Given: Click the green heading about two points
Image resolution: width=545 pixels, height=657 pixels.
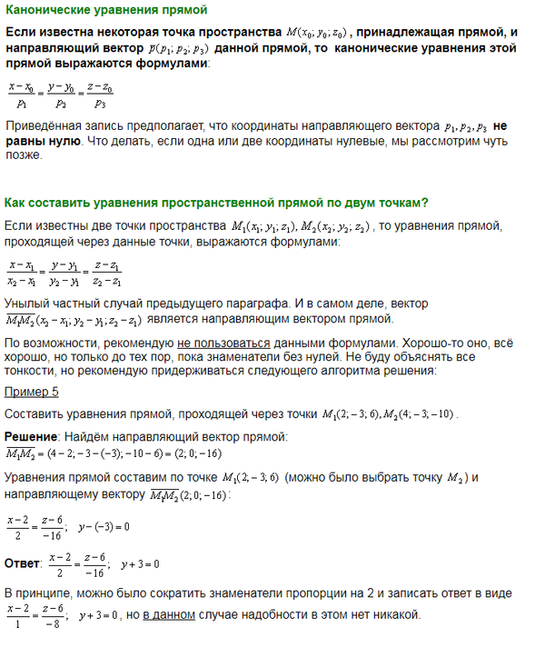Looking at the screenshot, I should click(x=216, y=202).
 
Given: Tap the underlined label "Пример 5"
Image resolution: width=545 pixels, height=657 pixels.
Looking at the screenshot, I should click(x=32, y=393).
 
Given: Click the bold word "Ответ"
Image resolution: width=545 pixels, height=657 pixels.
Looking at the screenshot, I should click(x=23, y=563).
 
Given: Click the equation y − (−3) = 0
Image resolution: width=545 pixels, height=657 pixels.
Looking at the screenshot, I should click(x=104, y=526).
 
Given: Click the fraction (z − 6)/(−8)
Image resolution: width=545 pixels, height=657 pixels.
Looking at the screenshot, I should click(x=53, y=615).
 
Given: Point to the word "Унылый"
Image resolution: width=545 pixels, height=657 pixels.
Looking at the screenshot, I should click(x=26, y=302).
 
